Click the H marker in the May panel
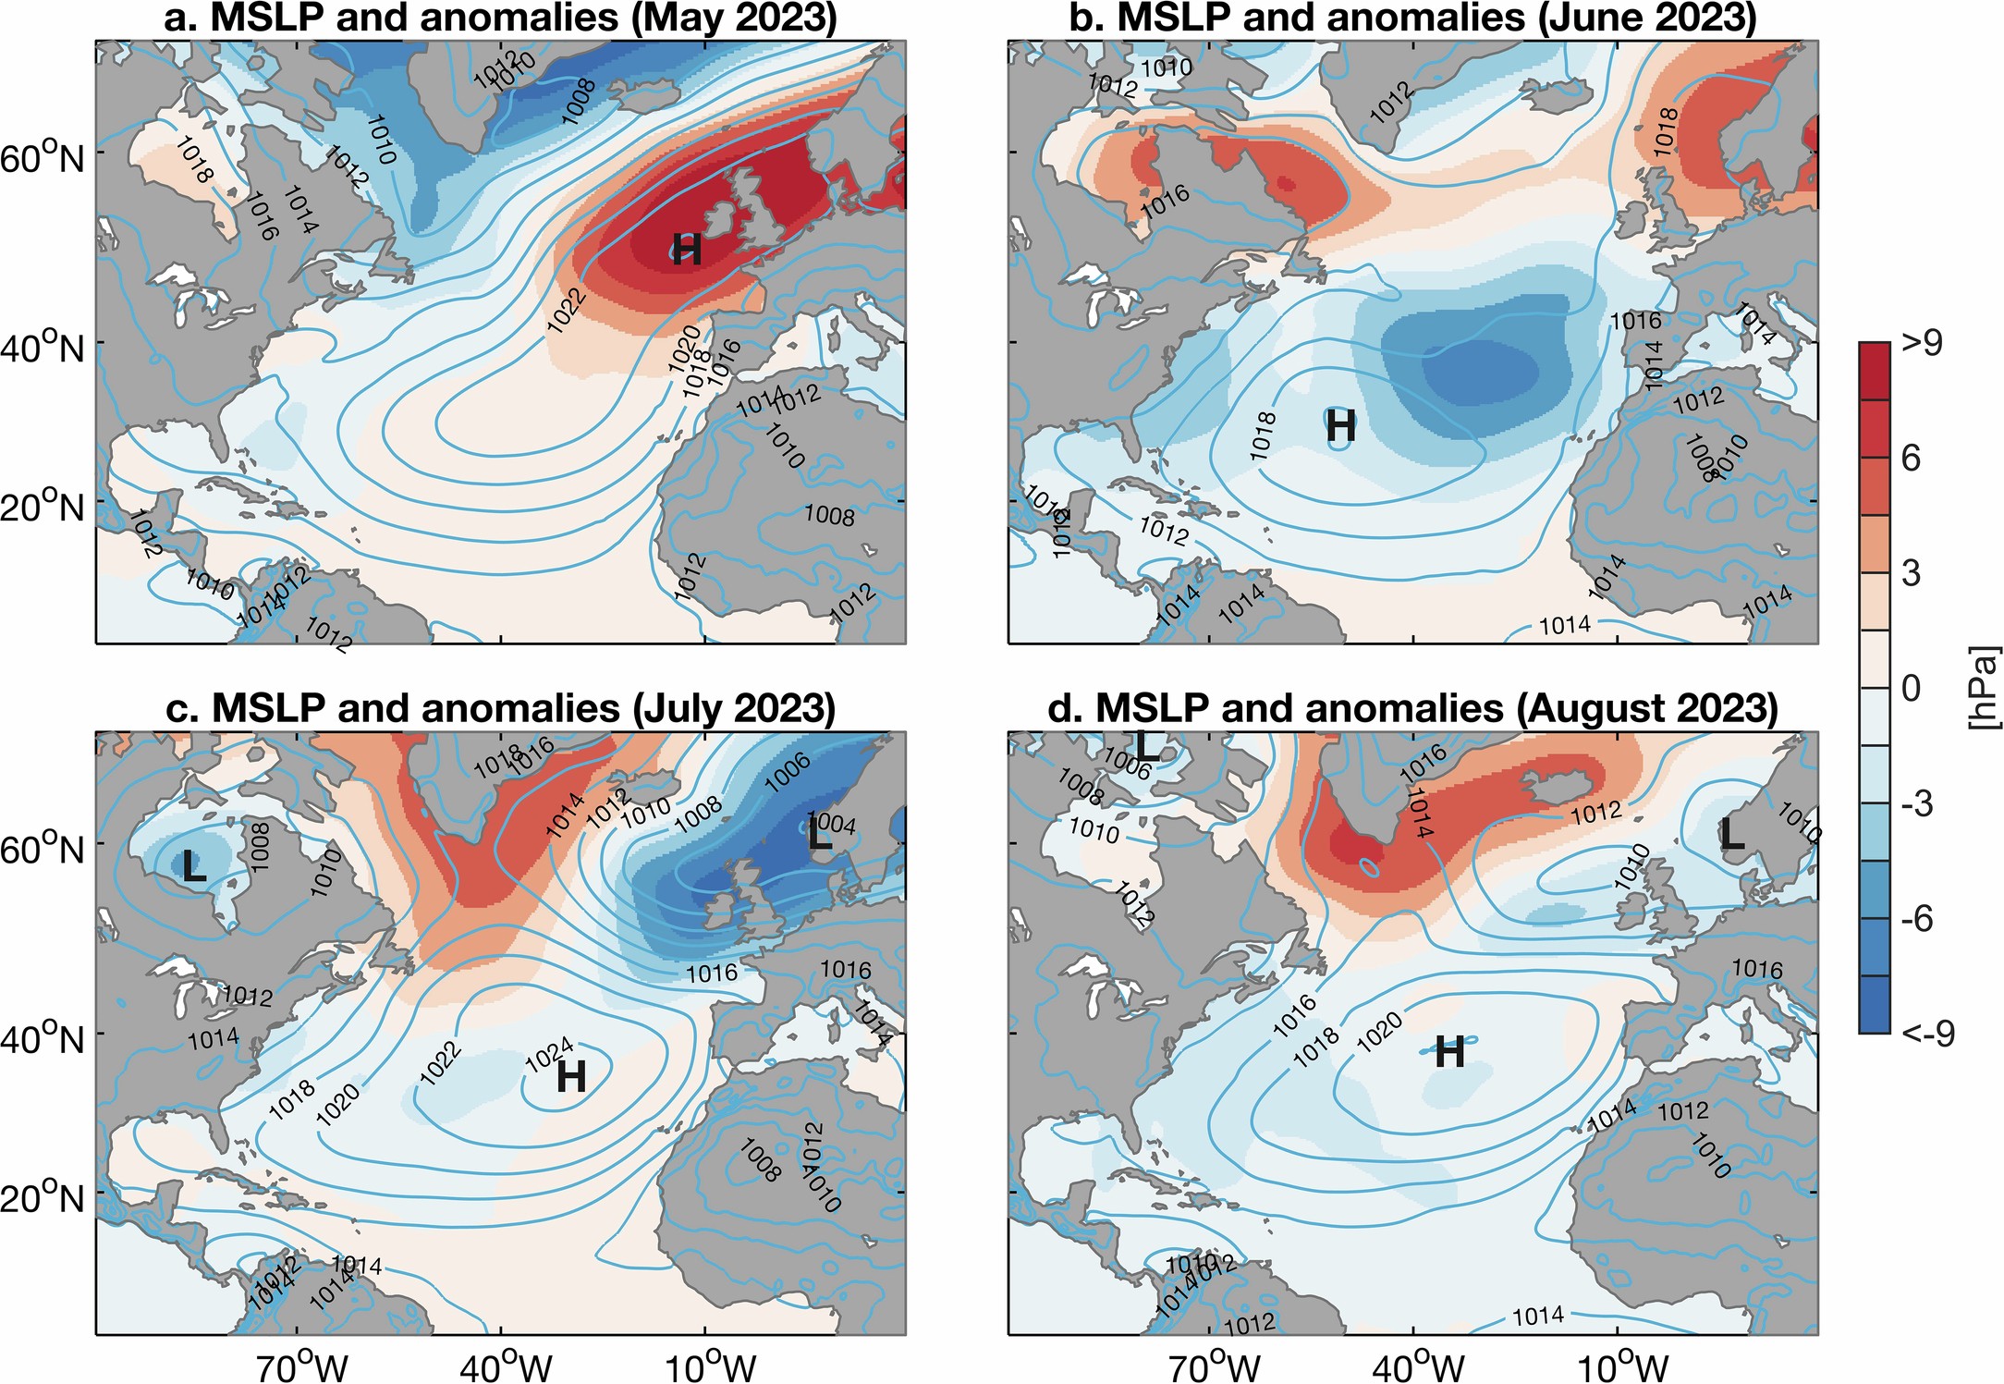(687, 250)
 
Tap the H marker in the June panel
(1341, 427)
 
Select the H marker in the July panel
(571, 1077)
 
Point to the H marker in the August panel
(1449, 1052)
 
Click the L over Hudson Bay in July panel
(194, 867)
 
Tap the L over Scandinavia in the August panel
(1731, 836)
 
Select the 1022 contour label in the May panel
(566, 310)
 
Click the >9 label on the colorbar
(1922, 343)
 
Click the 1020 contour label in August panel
(1380, 1032)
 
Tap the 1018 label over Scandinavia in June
(1665, 133)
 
